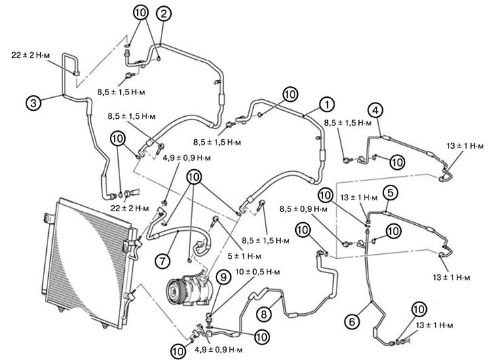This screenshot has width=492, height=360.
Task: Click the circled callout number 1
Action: pos(327,105)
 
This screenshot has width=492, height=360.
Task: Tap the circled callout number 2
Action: pos(163,13)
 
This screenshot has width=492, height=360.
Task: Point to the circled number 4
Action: pos(375,110)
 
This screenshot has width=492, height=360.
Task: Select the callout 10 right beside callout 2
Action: pos(140,13)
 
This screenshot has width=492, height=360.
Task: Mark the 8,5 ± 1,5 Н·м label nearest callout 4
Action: pos(348,124)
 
